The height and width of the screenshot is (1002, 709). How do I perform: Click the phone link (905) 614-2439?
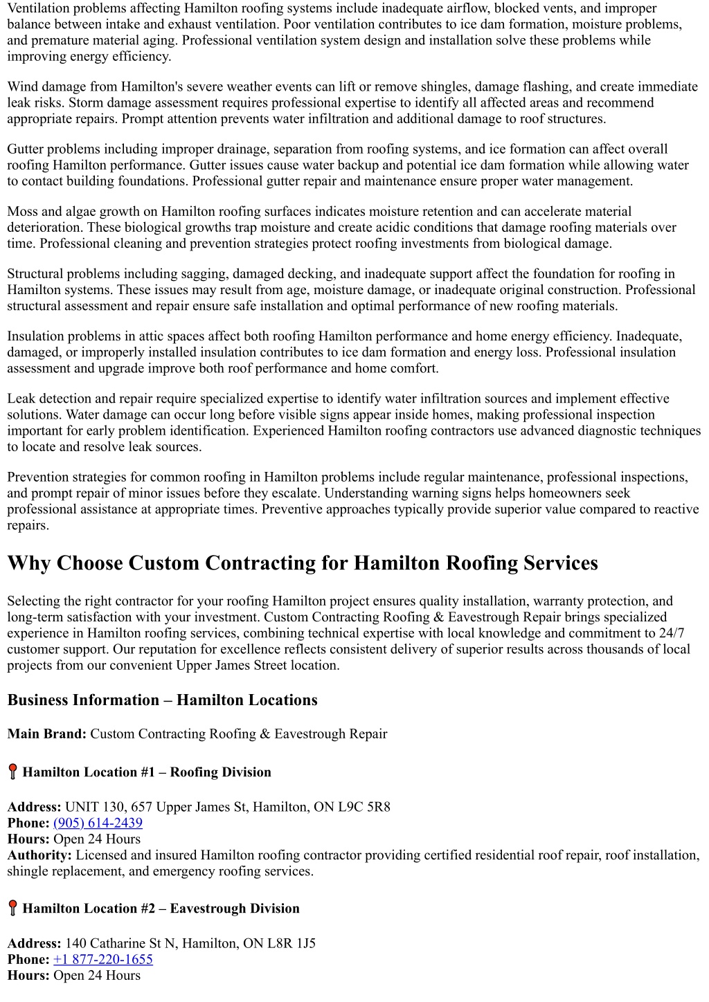click(98, 823)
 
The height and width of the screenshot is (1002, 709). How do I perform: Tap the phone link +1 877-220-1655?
click(102, 959)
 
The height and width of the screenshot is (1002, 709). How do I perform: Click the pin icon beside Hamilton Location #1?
click(12, 772)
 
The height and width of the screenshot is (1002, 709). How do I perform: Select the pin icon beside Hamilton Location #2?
click(12, 908)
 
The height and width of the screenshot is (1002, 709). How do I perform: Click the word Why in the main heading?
click(29, 563)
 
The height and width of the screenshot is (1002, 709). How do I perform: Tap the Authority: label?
click(39, 855)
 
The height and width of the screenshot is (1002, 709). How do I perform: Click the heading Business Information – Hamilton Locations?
click(162, 700)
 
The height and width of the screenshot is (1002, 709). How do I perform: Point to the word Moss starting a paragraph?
click(23, 211)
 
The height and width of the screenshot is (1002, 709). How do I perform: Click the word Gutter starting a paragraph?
click(26, 149)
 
